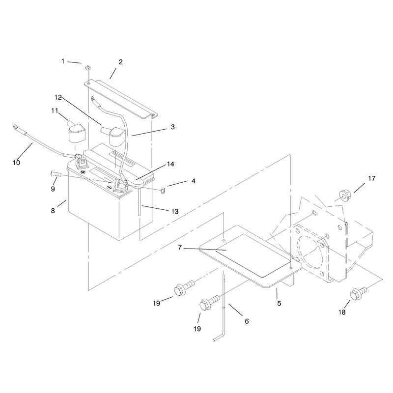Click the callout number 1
(x=63, y=61)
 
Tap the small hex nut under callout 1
(x=88, y=68)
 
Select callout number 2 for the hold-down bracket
(x=120, y=62)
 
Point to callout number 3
(x=173, y=127)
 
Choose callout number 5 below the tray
(x=279, y=303)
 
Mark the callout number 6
(x=247, y=321)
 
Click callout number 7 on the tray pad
(x=180, y=248)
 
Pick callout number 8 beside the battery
(x=53, y=211)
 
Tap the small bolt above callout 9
(x=56, y=173)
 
